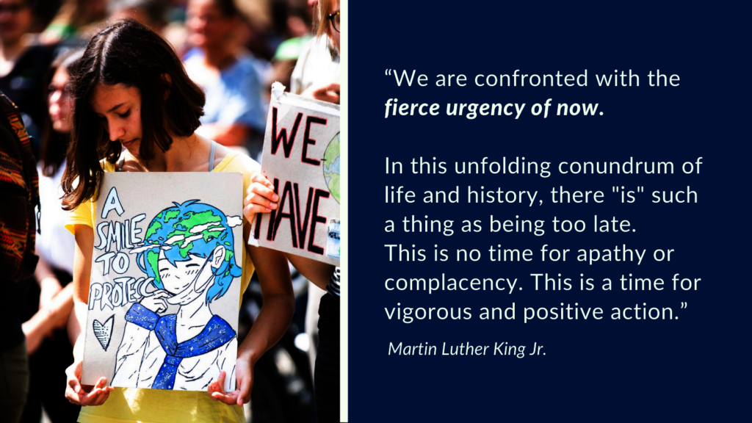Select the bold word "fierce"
[x=411, y=107]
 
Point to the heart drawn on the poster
[x=103, y=333]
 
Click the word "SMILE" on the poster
[x=120, y=233]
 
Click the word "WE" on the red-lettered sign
[x=297, y=134]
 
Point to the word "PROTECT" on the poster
[x=123, y=293]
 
